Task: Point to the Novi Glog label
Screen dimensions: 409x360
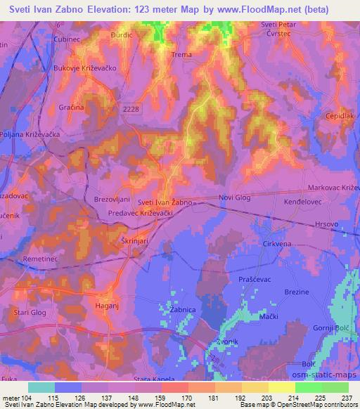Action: pos(234,198)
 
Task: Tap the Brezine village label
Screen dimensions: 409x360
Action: pos(297,291)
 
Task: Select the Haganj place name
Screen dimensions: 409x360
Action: pos(108,306)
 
